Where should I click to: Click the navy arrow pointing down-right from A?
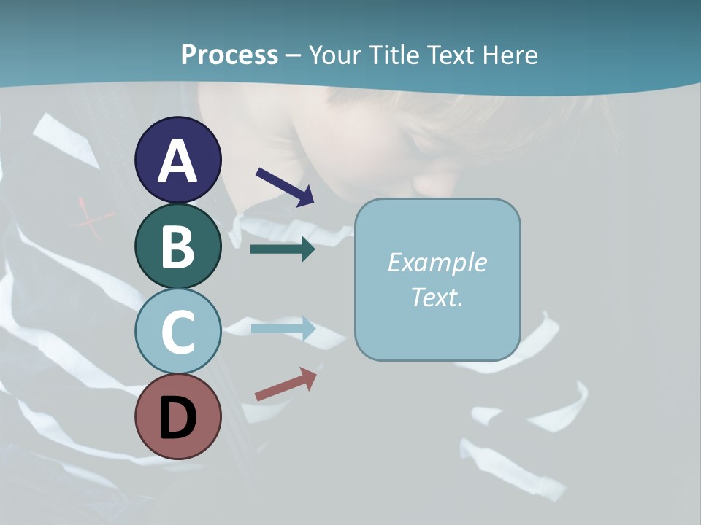[x=285, y=186]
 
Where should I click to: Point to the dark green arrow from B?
[x=283, y=249]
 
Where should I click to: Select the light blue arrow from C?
[x=283, y=329]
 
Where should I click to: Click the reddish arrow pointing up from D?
[x=286, y=384]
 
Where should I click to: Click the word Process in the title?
[x=229, y=55]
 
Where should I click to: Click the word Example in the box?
[x=437, y=262]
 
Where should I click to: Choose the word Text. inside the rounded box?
[x=437, y=297]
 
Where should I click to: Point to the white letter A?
[x=177, y=161]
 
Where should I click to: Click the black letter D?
[x=177, y=419]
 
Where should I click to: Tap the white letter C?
[x=177, y=332]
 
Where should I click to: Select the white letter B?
[x=177, y=246]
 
